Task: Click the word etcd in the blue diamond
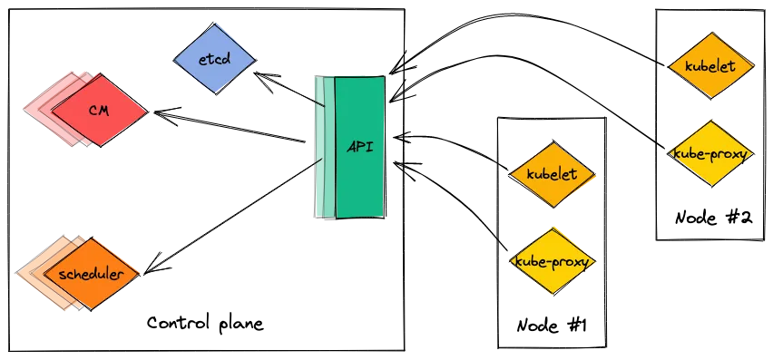[x=214, y=61]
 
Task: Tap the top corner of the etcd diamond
[x=215, y=25]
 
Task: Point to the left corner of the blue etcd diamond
[x=175, y=61]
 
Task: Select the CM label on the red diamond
[x=100, y=110]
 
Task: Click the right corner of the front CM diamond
[x=146, y=111]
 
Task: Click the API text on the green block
[x=360, y=146]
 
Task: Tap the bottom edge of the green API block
[x=358, y=217]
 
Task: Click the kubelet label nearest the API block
[x=552, y=174]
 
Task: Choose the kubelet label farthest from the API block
[x=711, y=66]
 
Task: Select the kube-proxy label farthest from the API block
[x=711, y=153]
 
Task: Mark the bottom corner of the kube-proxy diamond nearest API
[x=552, y=295]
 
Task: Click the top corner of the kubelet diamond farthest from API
[x=711, y=33]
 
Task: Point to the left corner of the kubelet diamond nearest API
[x=510, y=174]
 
